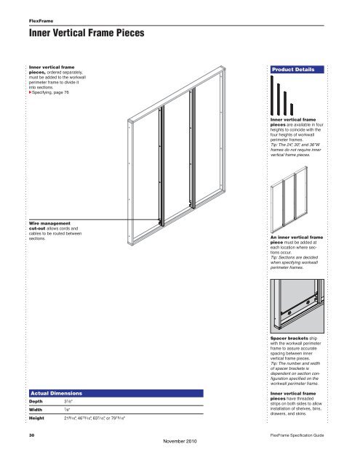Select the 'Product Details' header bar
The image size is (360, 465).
click(x=300, y=70)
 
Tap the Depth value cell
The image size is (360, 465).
click(x=69, y=400)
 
